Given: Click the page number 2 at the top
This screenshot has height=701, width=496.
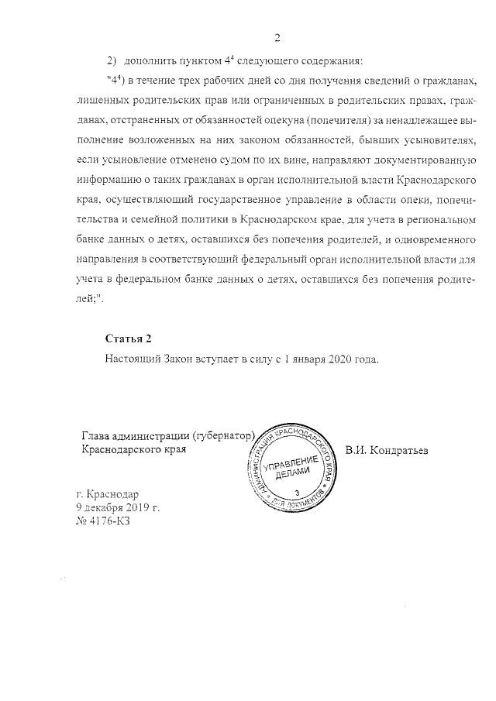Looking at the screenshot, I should (x=277, y=39).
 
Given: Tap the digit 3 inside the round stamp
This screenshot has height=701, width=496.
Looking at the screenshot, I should (x=297, y=493).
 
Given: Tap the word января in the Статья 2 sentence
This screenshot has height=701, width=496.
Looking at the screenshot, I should (x=302, y=359).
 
